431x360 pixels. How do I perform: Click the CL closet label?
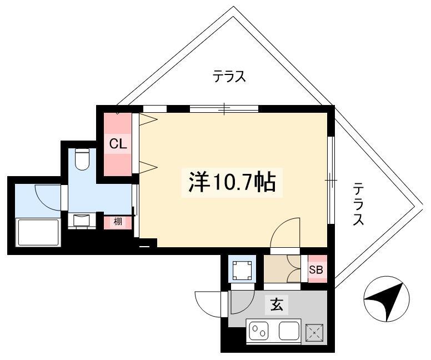click(x=118, y=143)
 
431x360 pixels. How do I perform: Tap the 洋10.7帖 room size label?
click(x=232, y=182)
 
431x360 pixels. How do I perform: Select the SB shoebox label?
click(x=316, y=270)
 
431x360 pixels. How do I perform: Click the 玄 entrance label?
click(x=277, y=304)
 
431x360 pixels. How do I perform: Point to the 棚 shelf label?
click(x=118, y=222)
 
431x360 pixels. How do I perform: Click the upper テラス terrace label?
click(x=229, y=77)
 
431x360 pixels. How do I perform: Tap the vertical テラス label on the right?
click(x=359, y=203)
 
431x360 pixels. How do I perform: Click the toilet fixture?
click(x=82, y=159)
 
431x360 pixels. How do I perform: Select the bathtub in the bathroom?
click(x=38, y=232)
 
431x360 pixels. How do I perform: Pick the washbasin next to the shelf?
click(x=82, y=221)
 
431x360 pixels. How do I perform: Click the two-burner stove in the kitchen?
click(x=259, y=331)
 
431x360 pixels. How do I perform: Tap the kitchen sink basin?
click(x=289, y=331)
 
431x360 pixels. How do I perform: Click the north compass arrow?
click(x=387, y=299)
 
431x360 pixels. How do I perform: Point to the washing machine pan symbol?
click(x=242, y=270)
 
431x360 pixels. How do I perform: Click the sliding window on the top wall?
click(x=224, y=109)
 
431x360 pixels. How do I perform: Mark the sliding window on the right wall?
click(x=331, y=180)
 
